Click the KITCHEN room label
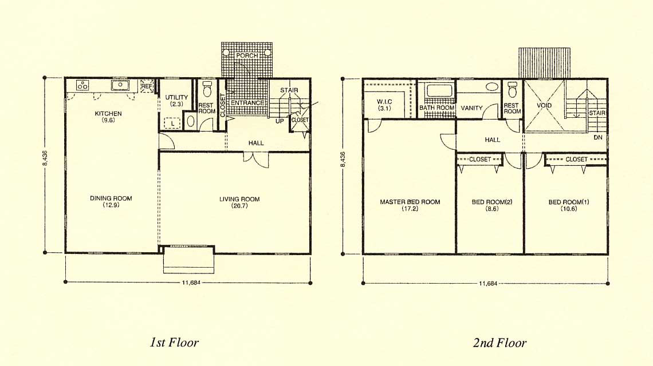[x=108, y=114]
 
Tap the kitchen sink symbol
[x=120, y=85]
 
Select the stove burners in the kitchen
[x=82, y=85]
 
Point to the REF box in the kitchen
[x=147, y=86]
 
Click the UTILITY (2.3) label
[x=176, y=101]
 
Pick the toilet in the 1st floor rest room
[x=207, y=89]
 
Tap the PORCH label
[x=246, y=55]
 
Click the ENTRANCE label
[x=247, y=103]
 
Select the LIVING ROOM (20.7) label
[x=239, y=202]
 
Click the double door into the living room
[x=256, y=160]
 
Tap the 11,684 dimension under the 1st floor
[x=191, y=283]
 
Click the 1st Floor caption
[x=174, y=343]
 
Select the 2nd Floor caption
[x=499, y=343]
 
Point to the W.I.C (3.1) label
[x=384, y=105]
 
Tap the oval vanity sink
[x=492, y=87]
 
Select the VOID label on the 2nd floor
[x=544, y=105]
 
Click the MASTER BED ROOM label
[x=410, y=202]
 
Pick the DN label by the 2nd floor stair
[x=598, y=137]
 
